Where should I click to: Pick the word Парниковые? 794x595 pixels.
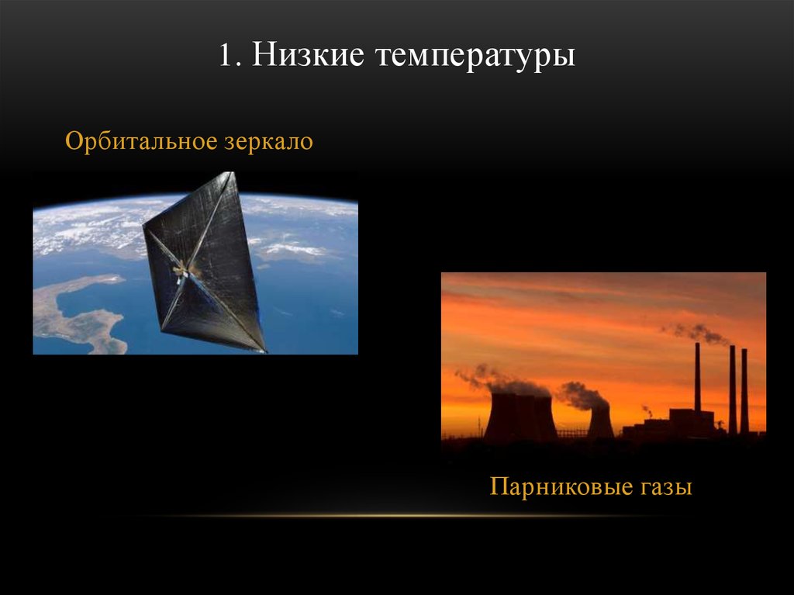pos(557,488)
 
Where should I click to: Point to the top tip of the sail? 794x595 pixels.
pos(230,174)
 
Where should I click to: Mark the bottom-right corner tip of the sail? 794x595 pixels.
pos(264,350)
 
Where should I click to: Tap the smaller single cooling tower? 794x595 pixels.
pos(599,422)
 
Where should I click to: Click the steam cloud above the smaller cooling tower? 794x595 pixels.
pos(582,395)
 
